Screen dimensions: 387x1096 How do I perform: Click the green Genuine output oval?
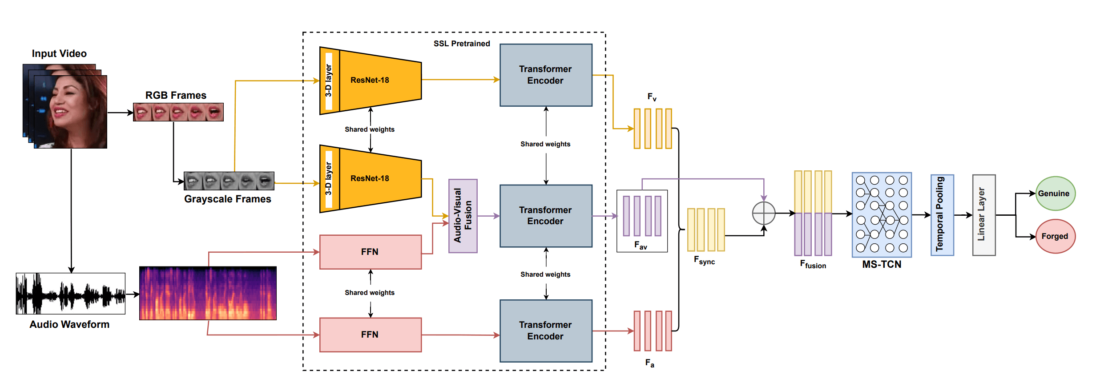click(1055, 193)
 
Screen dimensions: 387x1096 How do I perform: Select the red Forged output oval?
click(1055, 236)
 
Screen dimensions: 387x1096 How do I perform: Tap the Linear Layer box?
click(983, 215)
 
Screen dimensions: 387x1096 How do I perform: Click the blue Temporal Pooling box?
click(942, 215)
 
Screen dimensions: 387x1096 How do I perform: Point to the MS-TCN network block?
click(881, 215)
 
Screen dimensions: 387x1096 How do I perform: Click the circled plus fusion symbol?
click(763, 214)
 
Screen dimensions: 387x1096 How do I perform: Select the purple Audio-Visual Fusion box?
click(463, 216)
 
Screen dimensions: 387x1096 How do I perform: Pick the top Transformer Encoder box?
click(546, 75)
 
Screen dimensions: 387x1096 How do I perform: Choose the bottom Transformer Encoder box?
click(546, 331)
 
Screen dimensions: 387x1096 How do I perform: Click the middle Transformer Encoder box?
click(546, 216)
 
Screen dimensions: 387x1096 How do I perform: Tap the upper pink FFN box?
click(370, 252)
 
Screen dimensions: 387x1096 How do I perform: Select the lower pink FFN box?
click(370, 335)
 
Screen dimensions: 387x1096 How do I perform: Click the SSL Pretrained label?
click(462, 44)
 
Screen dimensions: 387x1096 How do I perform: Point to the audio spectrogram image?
click(208, 293)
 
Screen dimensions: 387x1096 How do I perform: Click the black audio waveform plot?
click(70, 294)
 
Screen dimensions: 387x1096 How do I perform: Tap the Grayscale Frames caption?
click(227, 199)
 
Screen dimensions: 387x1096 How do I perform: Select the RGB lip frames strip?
click(178, 112)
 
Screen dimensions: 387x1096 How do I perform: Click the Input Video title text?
click(59, 53)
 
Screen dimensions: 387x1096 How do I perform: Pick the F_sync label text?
click(704, 261)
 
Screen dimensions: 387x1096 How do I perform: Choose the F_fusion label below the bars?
click(813, 265)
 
